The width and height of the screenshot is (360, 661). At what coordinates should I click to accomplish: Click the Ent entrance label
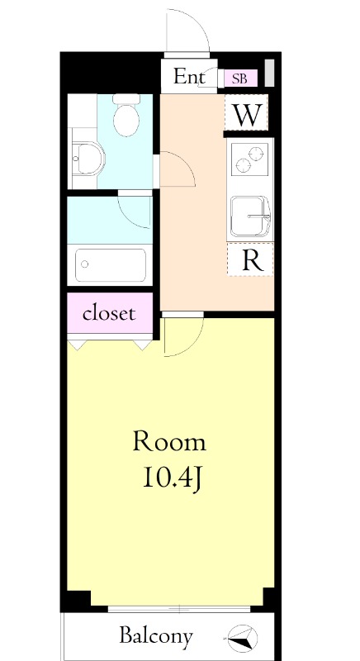tap(189, 77)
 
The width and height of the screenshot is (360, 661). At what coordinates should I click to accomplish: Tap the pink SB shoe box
tap(240, 78)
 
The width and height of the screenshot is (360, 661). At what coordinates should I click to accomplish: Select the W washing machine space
tap(246, 112)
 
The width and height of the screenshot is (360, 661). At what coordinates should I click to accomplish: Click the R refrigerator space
tap(250, 259)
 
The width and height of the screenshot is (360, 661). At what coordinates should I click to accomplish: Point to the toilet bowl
tap(126, 116)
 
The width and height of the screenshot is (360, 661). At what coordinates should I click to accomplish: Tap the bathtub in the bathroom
tap(111, 264)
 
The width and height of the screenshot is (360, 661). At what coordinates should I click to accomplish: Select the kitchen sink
tap(250, 216)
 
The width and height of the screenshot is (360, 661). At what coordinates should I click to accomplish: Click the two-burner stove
tap(251, 159)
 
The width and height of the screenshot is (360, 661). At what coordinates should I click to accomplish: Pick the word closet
tap(109, 313)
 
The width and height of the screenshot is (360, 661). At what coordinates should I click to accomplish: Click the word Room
tap(170, 442)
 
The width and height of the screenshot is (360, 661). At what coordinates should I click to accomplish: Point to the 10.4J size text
tap(173, 478)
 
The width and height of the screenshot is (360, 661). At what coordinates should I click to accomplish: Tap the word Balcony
tap(156, 635)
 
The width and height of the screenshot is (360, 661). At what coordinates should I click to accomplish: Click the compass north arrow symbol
tap(243, 636)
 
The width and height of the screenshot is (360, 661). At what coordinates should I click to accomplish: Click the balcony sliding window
tap(179, 609)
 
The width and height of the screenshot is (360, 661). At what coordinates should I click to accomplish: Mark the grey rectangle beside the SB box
tap(269, 73)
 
